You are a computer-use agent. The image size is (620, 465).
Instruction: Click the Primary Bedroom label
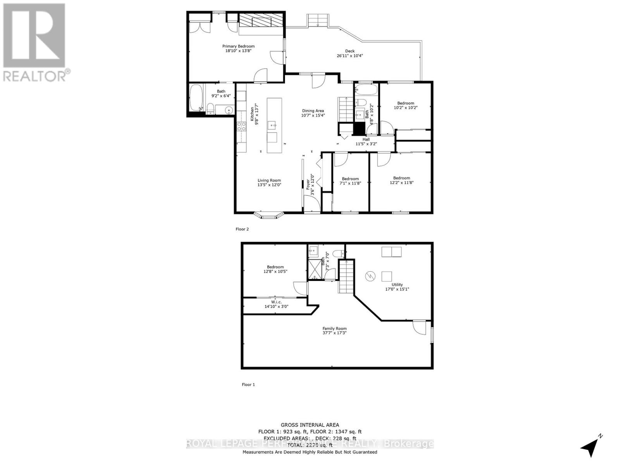pyautogui.click(x=238, y=46)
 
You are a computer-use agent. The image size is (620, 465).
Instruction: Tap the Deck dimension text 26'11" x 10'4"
pyautogui.click(x=350, y=56)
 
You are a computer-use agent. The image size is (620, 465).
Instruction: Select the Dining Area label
pyautogui.click(x=313, y=111)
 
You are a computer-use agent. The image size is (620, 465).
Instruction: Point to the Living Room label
pyautogui.click(x=269, y=181)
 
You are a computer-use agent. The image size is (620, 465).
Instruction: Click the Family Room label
pyautogui.click(x=334, y=329)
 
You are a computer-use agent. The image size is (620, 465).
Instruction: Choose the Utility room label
pyautogui.click(x=397, y=285)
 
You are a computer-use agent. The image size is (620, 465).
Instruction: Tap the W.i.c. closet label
pyautogui.click(x=276, y=302)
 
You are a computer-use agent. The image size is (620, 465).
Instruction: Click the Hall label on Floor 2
pyautogui.click(x=366, y=139)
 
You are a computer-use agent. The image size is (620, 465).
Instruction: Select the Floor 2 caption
pyautogui.click(x=242, y=229)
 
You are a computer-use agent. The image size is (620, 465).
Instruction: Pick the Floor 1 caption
pyautogui.click(x=248, y=384)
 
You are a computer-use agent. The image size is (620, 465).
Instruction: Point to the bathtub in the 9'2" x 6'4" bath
pyautogui.click(x=196, y=98)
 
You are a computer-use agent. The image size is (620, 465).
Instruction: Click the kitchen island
pyautogui.click(x=274, y=125)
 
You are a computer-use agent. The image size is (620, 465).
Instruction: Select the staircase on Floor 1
pyautogui.click(x=346, y=276)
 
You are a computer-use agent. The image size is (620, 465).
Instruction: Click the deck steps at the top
pyautogui.click(x=318, y=21)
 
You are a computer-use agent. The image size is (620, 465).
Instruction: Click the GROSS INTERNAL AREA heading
pyautogui.click(x=310, y=425)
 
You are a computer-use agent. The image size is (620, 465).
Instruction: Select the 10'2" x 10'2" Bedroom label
pyautogui.click(x=406, y=103)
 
